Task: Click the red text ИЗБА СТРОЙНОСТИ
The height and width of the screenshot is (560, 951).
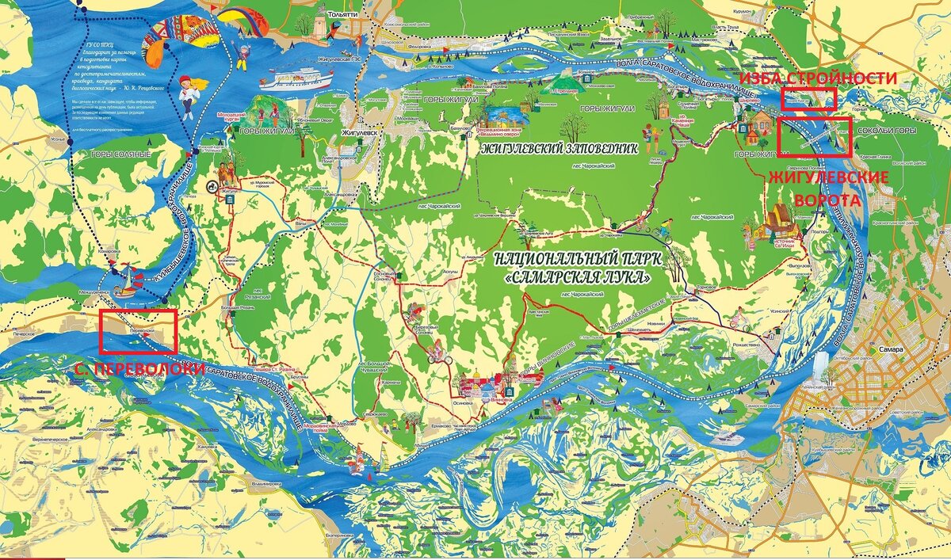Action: (x=817, y=78)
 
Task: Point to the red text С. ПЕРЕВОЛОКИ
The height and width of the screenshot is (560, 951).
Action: (x=139, y=369)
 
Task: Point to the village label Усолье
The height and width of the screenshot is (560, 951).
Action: (x=55, y=139)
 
